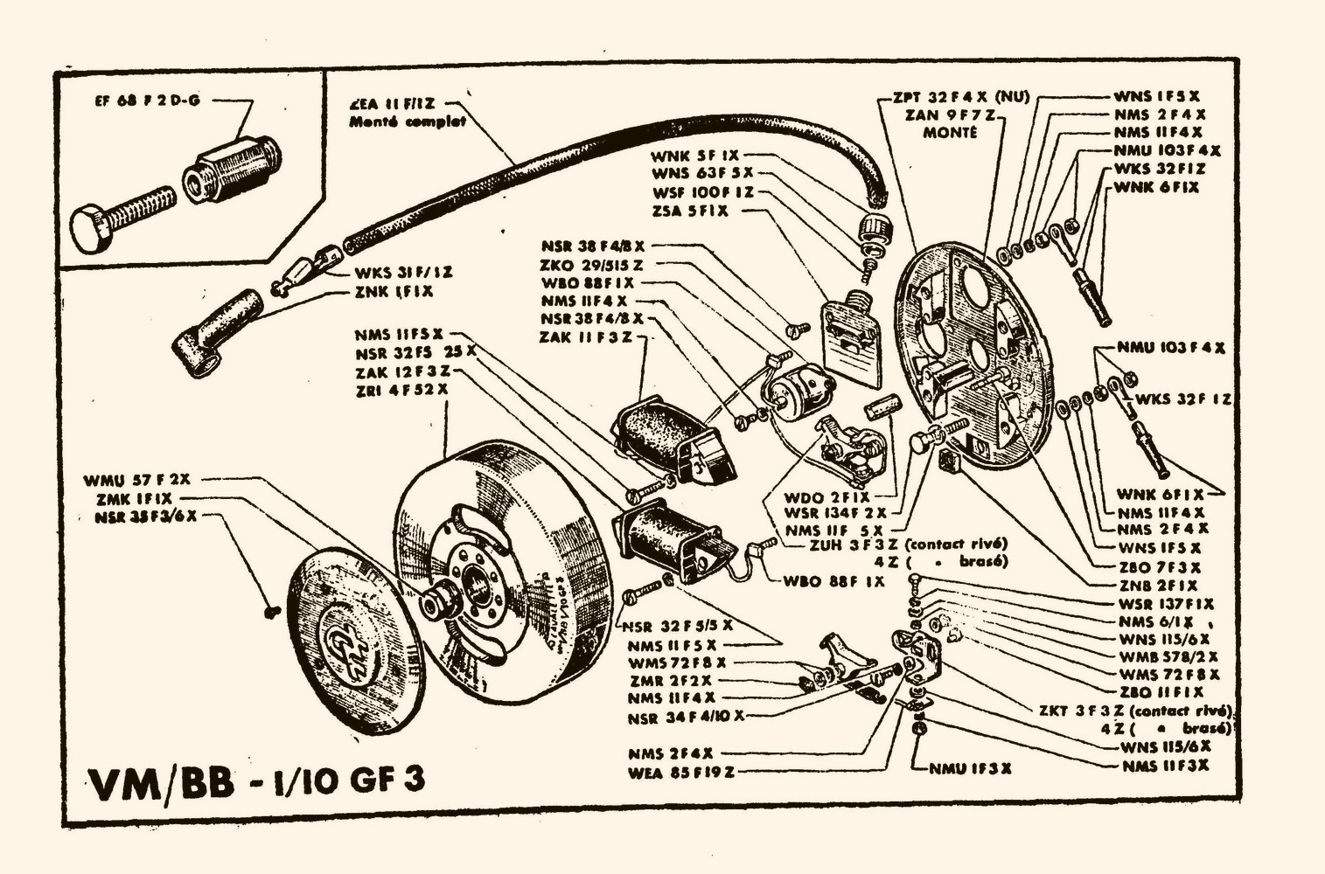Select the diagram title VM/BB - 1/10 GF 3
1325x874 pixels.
tap(258, 780)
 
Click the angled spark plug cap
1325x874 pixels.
tap(216, 330)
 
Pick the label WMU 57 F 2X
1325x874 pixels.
tap(137, 480)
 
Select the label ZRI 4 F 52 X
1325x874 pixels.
tap(401, 389)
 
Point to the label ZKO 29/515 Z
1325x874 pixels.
tap(592, 264)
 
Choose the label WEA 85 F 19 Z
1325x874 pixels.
tap(680, 773)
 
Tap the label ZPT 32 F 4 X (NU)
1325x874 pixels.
tap(960, 97)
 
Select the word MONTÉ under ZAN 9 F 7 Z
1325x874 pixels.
tap(950, 133)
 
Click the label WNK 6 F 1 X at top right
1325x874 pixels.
tap(1156, 187)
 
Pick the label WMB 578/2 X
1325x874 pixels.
tap(1168, 656)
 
